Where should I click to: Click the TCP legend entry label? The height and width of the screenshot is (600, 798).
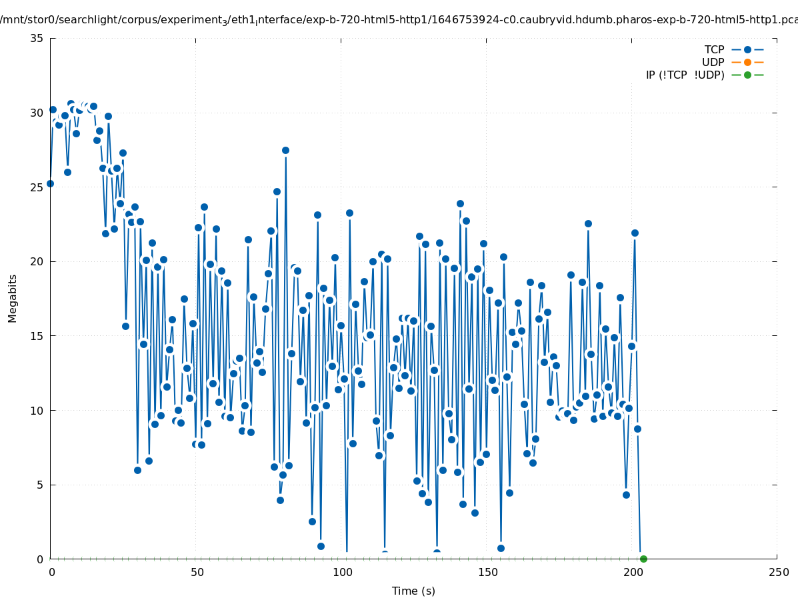click(714, 49)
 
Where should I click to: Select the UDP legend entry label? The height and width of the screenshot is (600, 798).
click(713, 62)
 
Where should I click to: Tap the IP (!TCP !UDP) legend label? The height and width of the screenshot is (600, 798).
click(685, 75)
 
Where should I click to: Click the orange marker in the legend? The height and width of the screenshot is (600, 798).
click(747, 62)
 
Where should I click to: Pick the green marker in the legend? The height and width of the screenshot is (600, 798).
click(747, 75)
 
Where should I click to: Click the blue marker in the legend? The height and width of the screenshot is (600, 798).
click(747, 49)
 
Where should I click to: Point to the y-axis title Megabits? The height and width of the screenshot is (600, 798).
click(13, 298)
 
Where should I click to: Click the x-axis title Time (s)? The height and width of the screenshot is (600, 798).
click(413, 591)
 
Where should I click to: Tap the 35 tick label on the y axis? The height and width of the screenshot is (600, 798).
click(37, 38)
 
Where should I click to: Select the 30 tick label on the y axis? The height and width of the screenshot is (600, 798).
click(37, 113)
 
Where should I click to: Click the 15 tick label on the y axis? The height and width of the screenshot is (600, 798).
click(37, 336)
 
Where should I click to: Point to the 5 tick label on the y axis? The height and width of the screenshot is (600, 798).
click(40, 485)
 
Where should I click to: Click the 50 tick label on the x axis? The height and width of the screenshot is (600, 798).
click(197, 572)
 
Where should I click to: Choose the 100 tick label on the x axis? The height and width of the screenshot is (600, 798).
click(342, 572)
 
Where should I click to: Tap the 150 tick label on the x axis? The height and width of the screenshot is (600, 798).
click(487, 572)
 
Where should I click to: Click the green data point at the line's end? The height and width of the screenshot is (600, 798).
click(643, 559)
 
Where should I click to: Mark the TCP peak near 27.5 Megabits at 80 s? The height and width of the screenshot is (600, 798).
click(285, 150)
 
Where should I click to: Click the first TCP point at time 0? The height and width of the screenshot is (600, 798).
click(50, 183)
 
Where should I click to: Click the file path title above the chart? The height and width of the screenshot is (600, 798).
click(399, 19)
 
